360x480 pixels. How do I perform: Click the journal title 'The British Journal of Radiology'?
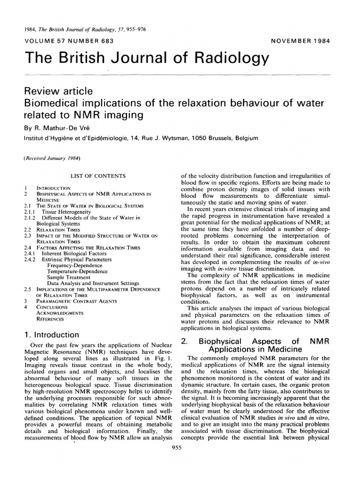click(148, 58)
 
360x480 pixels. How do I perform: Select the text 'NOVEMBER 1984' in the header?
click(300, 40)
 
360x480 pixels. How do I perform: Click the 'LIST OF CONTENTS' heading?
click(98, 176)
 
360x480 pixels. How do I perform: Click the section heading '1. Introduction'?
click(52, 335)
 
